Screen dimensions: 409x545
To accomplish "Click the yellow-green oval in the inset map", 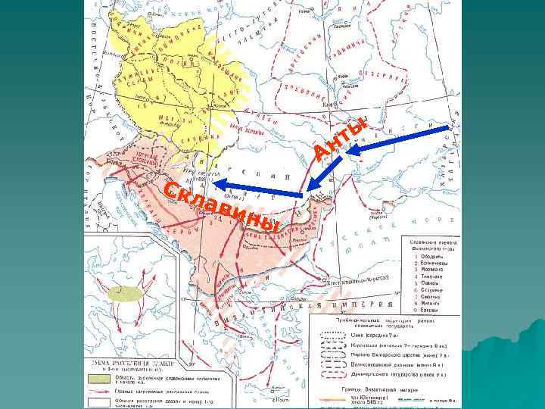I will click(x=126, y=293).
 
